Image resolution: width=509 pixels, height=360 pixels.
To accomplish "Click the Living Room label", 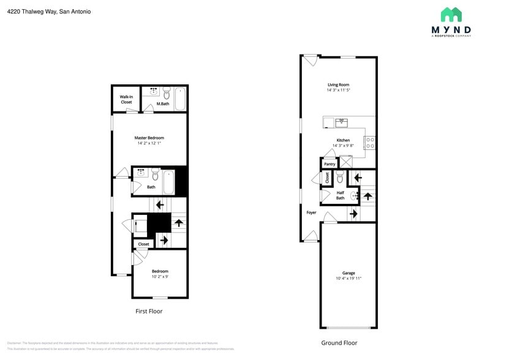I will pos(338,84).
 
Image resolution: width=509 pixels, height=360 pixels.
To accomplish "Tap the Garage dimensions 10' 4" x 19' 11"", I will pos(349,279).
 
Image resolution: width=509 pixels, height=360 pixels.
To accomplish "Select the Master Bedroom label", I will pos(149,138).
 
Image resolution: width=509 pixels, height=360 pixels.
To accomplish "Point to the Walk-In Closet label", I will pos(126,99).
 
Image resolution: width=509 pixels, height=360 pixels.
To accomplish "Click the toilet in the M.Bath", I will pos(167,94).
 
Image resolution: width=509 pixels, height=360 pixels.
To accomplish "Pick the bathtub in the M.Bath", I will pos(180,99).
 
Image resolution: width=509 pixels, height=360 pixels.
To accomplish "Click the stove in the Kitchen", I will pos(370,143).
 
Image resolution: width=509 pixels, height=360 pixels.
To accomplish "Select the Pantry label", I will pos(330,164).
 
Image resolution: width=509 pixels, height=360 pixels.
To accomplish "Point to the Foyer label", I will pos(311,212).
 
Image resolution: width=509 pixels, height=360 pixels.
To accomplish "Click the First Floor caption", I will pos(149,311).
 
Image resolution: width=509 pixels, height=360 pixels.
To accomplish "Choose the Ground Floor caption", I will pos(339,343).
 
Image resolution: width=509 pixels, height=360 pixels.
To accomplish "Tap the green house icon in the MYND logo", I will pos(451,15).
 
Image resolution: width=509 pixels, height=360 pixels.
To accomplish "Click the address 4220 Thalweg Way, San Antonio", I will pos(49,11).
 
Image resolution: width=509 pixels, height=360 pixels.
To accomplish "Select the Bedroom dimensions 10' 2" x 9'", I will pos(160,277).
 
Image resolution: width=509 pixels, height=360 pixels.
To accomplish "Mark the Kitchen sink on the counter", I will pos(341,122).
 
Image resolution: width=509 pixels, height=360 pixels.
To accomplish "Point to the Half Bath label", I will pos(340,195).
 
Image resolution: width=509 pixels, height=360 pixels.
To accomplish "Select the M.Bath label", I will pos(162,103).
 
